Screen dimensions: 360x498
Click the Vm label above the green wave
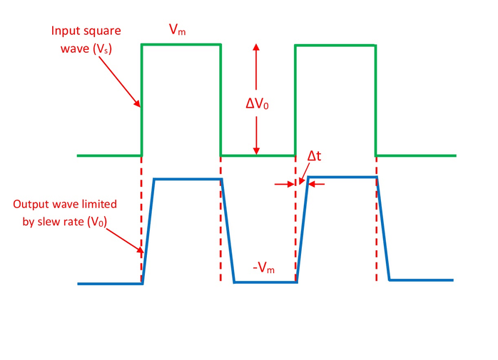[x=178, y=30]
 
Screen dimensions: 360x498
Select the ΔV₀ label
[x=256, y=103]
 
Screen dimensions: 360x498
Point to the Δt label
[x=314, y=156]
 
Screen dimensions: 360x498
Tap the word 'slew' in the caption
[x=57, y=222]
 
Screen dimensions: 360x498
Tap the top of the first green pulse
[x=181, y=45]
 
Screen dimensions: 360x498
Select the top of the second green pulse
[x=335, y=46]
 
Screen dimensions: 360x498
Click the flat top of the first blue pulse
[x=188, y=179]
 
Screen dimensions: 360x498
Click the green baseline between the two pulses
[x=257, y=155]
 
